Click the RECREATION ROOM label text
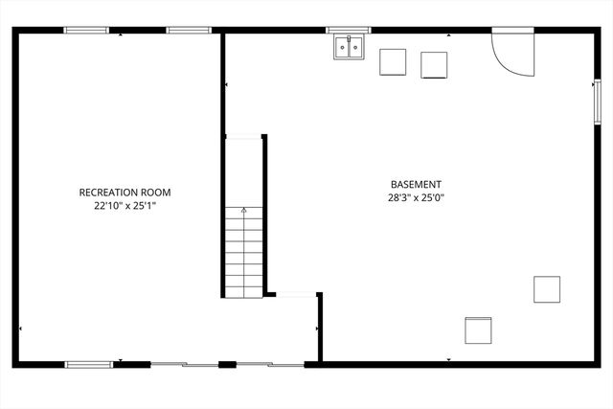(125, 193)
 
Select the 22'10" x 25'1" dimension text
(125, 205)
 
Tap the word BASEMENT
(416, 185)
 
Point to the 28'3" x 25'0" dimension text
(416, 198)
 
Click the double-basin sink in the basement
(350, 47)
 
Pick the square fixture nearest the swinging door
(436, 64)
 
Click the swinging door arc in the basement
(511, 53)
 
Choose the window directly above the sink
(348, 31)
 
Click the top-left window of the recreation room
(86, 31)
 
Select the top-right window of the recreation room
(189, 31)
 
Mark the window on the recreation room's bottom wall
(89, 364)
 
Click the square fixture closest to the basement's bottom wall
(478, 330)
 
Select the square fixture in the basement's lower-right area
(547, 289)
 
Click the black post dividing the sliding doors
(227, 364)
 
